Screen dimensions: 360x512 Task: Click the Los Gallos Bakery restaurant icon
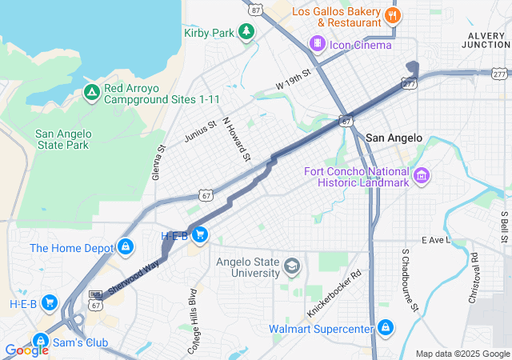(x=391, y=14)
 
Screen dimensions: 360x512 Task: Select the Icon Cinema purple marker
(x=318, y=43)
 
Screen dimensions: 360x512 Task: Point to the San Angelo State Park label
(x=63, y=139)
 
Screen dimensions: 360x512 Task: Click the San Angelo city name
(x=394, y=138)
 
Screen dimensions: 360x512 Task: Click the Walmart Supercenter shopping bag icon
(x=386, y=327)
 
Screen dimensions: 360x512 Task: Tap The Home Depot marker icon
(x=125, y=247)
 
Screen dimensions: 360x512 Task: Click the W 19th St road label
(x=292, y=83)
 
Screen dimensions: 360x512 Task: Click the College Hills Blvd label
(x=192, y=309)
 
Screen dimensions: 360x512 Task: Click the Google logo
(x=26, y=350)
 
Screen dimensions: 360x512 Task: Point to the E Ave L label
(x=436, y=240)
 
